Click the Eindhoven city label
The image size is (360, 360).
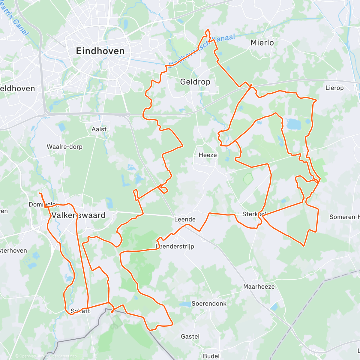[100, 51]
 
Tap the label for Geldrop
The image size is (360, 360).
[195, 82]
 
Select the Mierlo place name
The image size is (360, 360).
[262, 43]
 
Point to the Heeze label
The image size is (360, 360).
[208, 155]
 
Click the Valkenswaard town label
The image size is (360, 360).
[79, 215]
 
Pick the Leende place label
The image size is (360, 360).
[185, 220]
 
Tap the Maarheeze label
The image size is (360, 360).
[259, 286]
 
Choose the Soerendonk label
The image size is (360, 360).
[209, 304]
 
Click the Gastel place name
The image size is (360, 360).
[190, 337]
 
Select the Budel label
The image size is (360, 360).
[211, 356]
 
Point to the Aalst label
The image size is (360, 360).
[99, 129]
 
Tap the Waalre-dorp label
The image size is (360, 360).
[64, 147]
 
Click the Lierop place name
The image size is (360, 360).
[334, 88]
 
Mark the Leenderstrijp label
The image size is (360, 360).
[175, 246]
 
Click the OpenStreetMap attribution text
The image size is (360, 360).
[63, 356]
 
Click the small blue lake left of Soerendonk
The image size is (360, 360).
[185, 304]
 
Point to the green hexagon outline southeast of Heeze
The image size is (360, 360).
[248, 179]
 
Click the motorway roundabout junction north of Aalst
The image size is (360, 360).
[128, 114]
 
